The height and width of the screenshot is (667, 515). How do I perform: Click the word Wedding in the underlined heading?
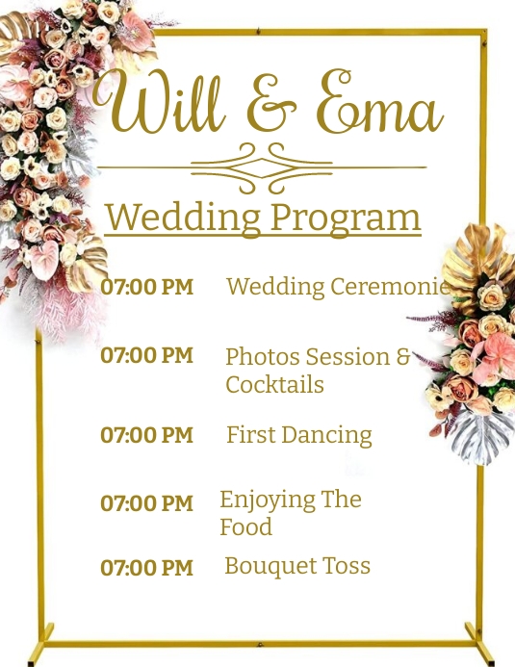(x=182, y=217)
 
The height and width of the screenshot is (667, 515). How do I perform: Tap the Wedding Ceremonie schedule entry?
(x=337, y=286)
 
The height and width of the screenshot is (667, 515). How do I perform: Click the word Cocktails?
(x=274, y=385)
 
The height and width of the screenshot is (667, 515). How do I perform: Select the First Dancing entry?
(x=298, y=435)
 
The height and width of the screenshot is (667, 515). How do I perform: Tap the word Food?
(x=245, y=527)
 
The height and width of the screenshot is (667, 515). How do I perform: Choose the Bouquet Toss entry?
(x=296, y=566)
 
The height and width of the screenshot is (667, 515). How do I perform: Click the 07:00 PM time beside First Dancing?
(x=146, y=435)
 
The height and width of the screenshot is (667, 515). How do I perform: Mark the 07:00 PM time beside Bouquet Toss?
(x=146, y=568)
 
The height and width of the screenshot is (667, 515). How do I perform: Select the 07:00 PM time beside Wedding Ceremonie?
(x=146, y=287)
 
